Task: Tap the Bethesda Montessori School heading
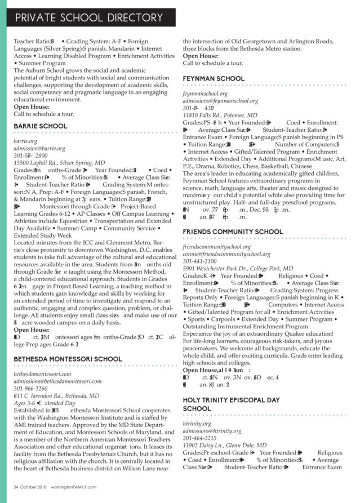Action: tap(68, 359)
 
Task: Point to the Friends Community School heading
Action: tap(233, 232)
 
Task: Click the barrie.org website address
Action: tap(25, 140)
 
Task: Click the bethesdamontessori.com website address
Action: tap(42, 374)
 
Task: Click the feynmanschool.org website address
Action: tap(205, 94)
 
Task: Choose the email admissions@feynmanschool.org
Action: tap(220, 101)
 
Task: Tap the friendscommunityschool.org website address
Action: tap(217, 247)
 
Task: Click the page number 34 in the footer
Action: tap(16, 488)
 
